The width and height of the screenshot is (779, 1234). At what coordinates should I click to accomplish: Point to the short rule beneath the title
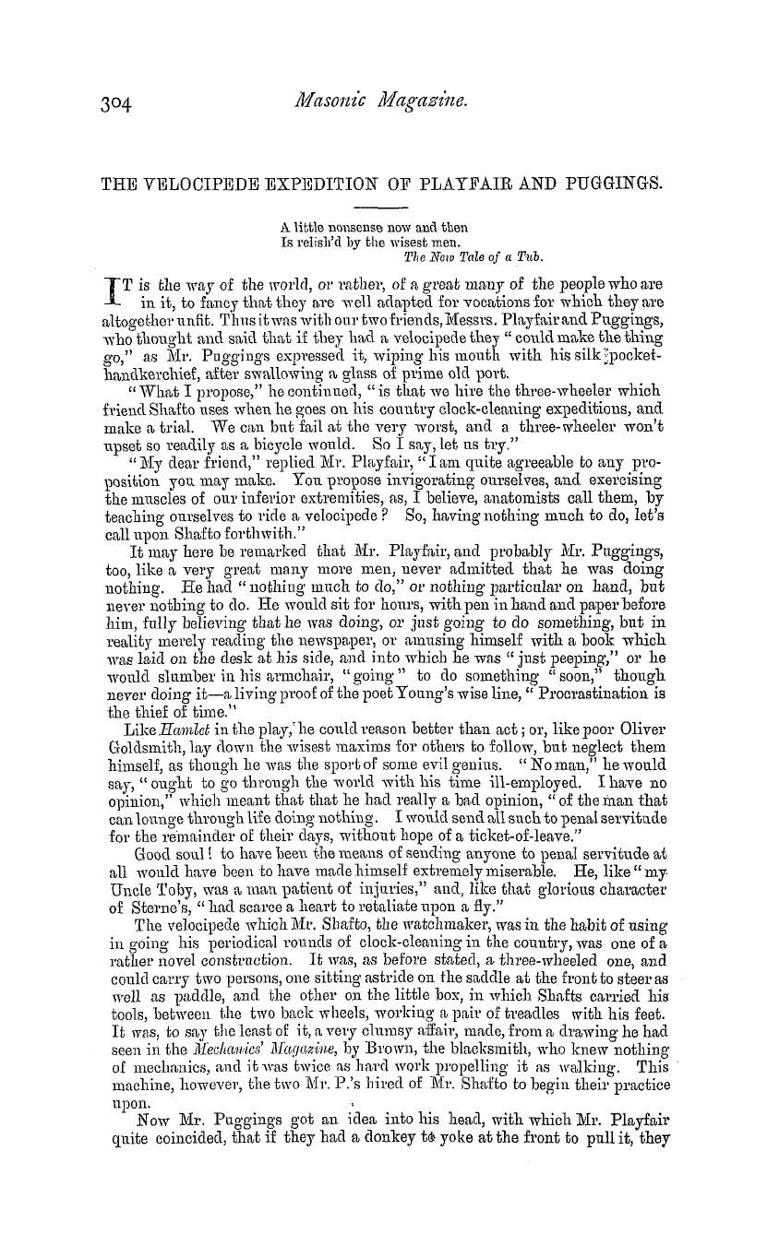(377, 208)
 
